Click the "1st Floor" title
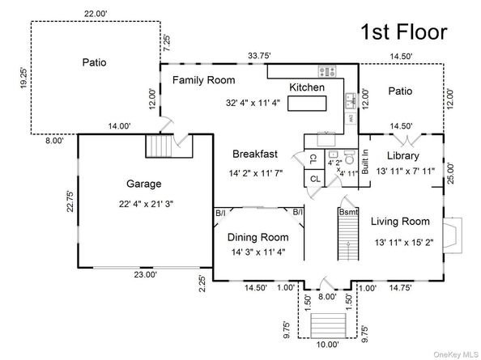(x=404, y=32)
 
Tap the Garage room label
(x=144, y=184)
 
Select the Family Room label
(x=204, y=80)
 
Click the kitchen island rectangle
(x=307, y=104)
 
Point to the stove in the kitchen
(x=327, y=71)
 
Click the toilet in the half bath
(x=349, y=157)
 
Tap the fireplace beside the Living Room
(x=453, y=235)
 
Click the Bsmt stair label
(x=348, y=212)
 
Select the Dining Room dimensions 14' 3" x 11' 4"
(x=258, y=252)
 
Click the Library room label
(x=402, y=155)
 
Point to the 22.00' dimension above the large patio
(x=96, y=14)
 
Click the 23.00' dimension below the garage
(x=146, y=274)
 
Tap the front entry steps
(x=328, y=325)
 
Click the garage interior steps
(x=158, y=146)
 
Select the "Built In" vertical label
(x=364, y=162)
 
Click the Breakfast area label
(x=255, y=154)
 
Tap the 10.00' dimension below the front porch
(x=328, y=345)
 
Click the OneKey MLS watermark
(x=456, y=355)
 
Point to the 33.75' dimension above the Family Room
(x=259, y=56)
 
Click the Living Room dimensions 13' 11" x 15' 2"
(x=404, y=243)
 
